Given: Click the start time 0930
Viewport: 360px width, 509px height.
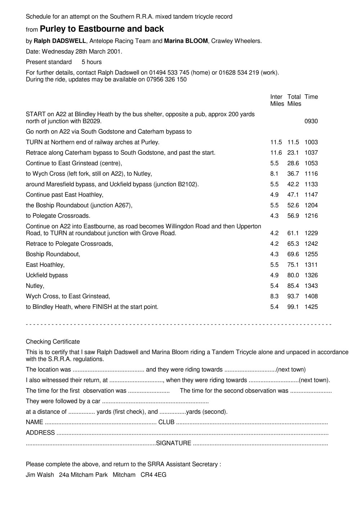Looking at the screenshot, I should point(311,121).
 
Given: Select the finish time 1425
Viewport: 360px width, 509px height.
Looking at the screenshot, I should point(311,307).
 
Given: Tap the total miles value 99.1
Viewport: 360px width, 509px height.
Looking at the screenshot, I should point(293,307).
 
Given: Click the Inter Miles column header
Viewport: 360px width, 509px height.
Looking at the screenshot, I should point(276,100).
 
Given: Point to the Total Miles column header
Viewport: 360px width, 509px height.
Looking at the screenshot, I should point(294,100).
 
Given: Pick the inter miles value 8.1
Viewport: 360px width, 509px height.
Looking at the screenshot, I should point(274,174).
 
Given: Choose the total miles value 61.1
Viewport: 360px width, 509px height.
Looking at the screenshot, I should point(293,233).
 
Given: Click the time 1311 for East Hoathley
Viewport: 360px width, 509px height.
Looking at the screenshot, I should point(311,265).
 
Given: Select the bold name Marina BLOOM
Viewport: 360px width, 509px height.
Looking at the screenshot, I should point(186,41).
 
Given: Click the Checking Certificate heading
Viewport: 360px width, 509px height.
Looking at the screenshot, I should point(53,341).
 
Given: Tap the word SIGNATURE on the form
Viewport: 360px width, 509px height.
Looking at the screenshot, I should point(174,443).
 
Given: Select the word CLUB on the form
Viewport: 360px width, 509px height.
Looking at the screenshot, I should point(166,422).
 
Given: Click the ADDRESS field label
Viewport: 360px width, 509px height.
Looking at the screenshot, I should point(40,433).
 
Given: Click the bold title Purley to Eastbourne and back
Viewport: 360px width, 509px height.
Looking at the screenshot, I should point(102,29).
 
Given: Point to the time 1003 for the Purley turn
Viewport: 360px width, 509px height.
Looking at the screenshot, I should point(311,142).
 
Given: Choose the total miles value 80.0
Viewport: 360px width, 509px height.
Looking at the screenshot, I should point(293,275).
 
